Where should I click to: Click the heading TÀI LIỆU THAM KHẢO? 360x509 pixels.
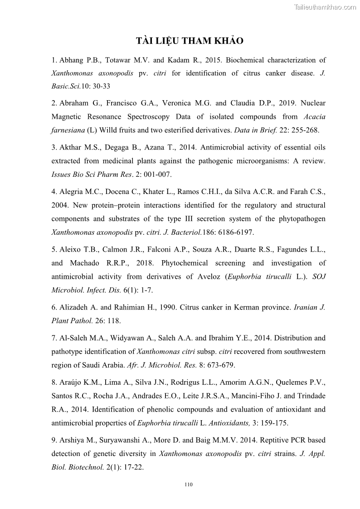(190, 41)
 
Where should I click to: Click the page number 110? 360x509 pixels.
(189, 485)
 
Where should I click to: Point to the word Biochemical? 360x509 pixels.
(245, 60)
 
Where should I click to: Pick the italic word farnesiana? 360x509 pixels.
(69, 130)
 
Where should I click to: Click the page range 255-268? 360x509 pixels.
(303, 130)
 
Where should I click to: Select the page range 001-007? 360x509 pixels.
(155, 175)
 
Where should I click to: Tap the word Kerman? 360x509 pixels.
(246, 307)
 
